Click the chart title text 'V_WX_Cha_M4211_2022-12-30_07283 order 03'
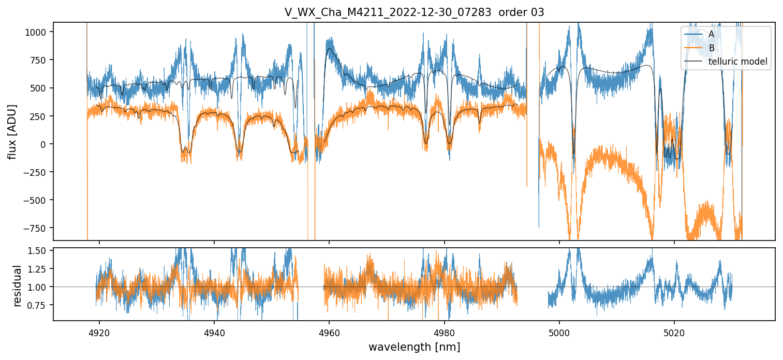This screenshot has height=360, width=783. click(x=414, y=12)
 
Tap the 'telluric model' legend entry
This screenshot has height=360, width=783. click(x=737, y=62)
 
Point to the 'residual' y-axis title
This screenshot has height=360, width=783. click(x=18, y=285)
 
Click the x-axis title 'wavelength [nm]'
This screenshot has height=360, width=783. click(x=414, y=347)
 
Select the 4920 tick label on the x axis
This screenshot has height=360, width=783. click(x=99, y=331)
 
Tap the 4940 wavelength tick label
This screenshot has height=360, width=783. click(x=214, y=331)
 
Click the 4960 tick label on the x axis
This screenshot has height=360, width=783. click(x=329, y=331)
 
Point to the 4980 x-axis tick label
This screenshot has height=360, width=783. click(x=444, y=331)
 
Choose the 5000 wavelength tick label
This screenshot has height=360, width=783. click(x=559, y=331)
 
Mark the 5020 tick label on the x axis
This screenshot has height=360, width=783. click(x=674, y=331)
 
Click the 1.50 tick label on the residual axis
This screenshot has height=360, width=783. click(x=38, y=251)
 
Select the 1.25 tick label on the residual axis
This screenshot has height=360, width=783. click(x=38, y=269)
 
